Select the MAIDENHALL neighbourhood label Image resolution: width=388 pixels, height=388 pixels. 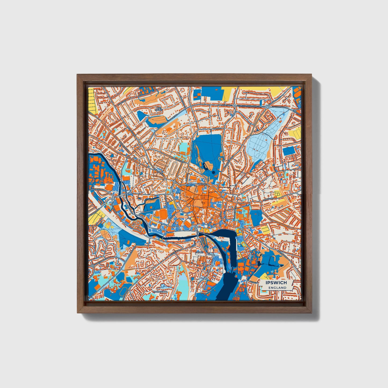161,291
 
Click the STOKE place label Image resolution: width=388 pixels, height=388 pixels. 200,252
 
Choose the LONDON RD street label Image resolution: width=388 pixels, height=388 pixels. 95,212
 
